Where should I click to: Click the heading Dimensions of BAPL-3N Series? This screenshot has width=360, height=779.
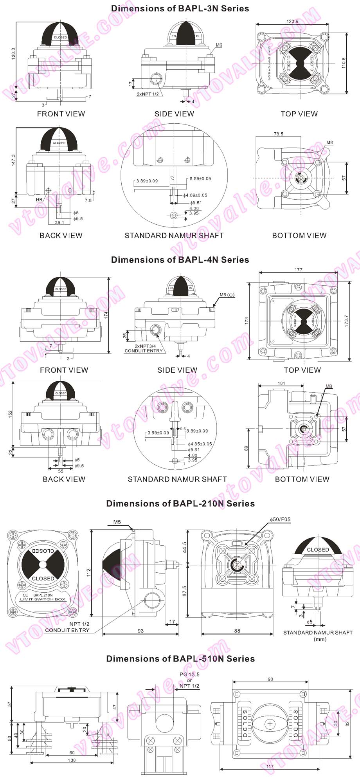click(180, 9)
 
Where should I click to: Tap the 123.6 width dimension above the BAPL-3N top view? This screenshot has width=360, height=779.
click(292, 22)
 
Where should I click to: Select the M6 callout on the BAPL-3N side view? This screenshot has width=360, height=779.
click(219, 45)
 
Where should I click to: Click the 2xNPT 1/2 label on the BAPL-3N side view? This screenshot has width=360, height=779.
click(148, 94)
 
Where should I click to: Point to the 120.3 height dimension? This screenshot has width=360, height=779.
click(13, 55)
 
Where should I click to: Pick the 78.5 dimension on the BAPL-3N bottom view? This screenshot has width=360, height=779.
click(279, 134)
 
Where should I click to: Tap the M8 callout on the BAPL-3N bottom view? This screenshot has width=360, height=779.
click(329, 142)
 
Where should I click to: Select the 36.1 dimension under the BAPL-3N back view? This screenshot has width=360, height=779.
click(59, 222)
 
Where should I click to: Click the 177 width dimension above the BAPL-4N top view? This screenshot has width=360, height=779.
click(299, 270)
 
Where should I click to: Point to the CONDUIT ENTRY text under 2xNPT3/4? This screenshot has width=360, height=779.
click(143, 351)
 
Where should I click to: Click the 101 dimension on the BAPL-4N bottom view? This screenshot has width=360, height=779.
click(281, 383)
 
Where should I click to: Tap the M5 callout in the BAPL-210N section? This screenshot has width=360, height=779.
click(117, 522)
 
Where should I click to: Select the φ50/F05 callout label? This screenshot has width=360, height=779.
click(280, 519)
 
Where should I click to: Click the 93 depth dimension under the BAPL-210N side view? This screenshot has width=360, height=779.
click(140, 631)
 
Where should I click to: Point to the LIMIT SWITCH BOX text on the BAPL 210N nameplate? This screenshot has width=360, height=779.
click(43, 599)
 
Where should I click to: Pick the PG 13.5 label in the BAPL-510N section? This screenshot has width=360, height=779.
click(189, 674)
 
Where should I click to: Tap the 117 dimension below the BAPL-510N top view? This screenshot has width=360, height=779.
click(270, 766)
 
